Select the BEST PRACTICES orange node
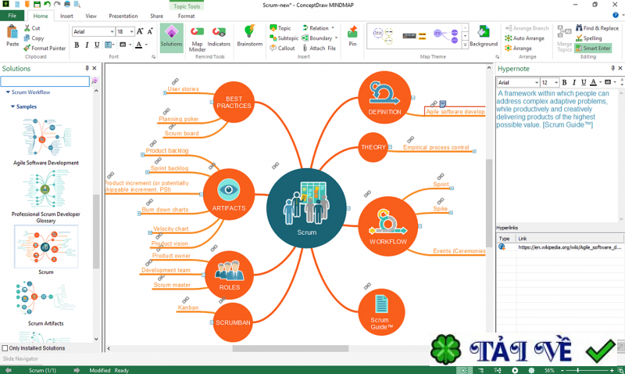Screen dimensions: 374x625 click(x=234, y=102)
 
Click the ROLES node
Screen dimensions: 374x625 click(x=230, y=275)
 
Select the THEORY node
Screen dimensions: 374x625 click(x=373, y=147)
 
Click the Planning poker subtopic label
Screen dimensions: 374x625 click(x=179, y=120)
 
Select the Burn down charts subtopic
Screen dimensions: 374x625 click(x=165, y=210)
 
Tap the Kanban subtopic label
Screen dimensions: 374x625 click(x=187, y=307)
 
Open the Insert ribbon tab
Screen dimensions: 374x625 click(x=67, y=16)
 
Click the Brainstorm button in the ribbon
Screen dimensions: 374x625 click(x=249, y=36)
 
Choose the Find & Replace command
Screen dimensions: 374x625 click(x=598, y=28)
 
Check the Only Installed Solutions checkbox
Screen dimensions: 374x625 click(x=6, y=348)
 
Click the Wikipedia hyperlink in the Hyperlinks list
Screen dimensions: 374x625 click(x=569, y=247)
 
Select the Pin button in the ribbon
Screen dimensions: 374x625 click(x=352, y=36)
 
